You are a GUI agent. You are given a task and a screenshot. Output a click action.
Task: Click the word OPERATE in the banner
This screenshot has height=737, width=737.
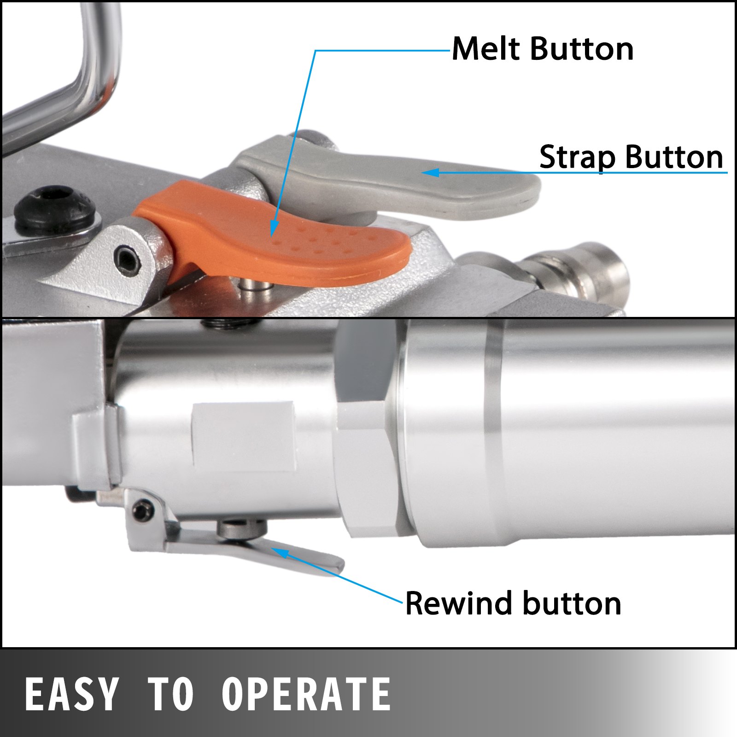pos(306,694)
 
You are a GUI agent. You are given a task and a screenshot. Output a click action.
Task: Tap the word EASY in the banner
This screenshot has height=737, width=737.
pos(71,694)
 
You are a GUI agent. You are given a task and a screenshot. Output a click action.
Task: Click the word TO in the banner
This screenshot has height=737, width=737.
pos(170,694)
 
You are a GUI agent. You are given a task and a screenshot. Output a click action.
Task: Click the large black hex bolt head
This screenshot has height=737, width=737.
pos(54,205)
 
